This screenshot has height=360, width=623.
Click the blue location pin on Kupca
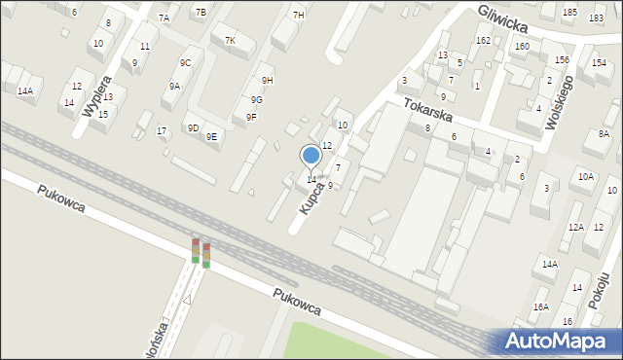pos(311,156)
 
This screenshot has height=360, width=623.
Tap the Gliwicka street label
pos(507,18)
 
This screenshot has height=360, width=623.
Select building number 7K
pos(230,40)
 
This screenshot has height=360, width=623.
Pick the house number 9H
pos(267,80)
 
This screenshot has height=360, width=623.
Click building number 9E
pos(211,136)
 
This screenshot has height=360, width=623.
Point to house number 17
pos(163,130)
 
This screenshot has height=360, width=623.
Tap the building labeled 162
pos(483,40)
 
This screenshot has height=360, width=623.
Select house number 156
pos(562,59)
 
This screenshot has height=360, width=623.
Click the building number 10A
pos(585,176)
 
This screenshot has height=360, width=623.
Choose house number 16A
pos(541,306)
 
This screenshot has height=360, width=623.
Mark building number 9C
pos(185,62)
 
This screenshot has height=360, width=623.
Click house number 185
pos(569,12)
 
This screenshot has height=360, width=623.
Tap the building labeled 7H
pos(298,15)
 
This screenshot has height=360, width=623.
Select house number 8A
pos(604,133)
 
